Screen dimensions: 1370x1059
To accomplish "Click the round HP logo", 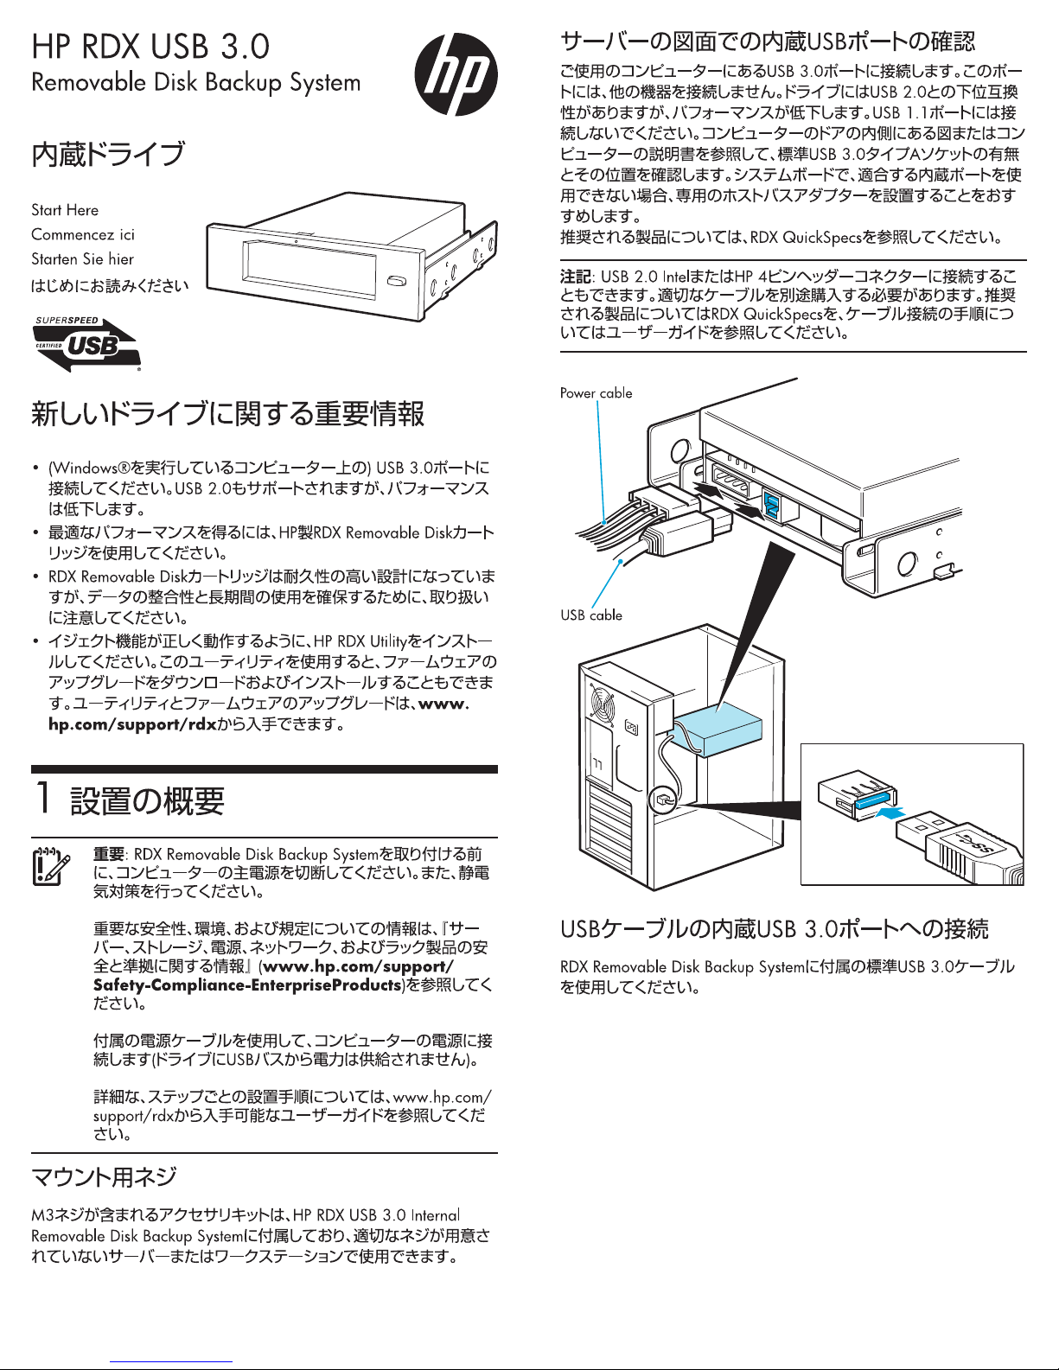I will [456, 74].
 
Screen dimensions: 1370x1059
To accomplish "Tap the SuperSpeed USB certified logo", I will [87, 344].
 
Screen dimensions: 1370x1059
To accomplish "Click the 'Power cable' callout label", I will [596, 393].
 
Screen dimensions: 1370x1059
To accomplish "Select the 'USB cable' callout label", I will [591, 615].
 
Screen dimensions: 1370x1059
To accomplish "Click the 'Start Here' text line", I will [65, 210].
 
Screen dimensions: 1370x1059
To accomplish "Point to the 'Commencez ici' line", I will [83, 234].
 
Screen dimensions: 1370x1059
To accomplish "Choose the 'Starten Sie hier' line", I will [82, 258].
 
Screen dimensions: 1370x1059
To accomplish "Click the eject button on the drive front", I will [397, 282].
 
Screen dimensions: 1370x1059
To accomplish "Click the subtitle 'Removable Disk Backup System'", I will [196, 83].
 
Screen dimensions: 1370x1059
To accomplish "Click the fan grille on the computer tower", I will [602, 703].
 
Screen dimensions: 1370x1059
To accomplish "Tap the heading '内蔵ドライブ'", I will [108, 155].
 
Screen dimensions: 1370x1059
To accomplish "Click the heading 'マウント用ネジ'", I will [104, 1176].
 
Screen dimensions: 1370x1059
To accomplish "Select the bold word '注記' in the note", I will [575, 277].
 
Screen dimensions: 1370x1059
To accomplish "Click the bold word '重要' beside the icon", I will [109, 854].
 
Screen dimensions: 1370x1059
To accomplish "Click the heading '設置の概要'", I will [147, 801].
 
